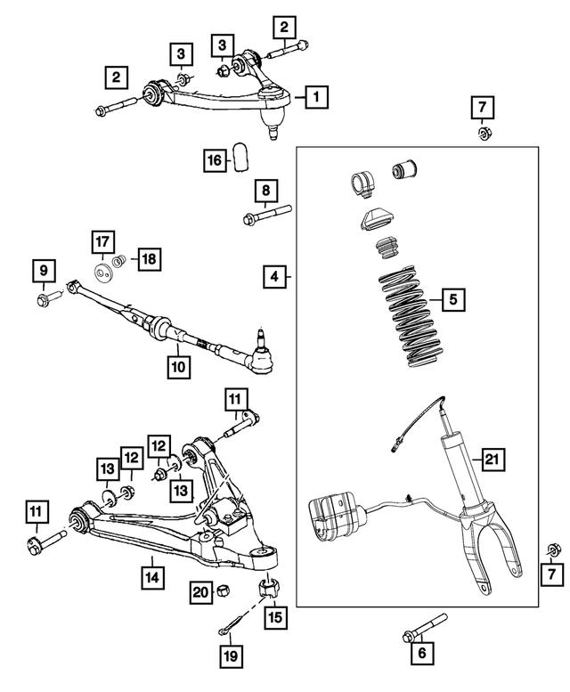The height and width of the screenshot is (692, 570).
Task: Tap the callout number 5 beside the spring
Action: tap(453, 301)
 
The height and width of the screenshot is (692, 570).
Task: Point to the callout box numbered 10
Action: tap(178, 365)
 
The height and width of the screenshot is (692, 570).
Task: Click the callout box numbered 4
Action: tap(276, 278)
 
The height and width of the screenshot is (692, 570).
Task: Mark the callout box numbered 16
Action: tap(215, 160)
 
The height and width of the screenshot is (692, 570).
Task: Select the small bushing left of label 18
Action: tap(118, 261)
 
